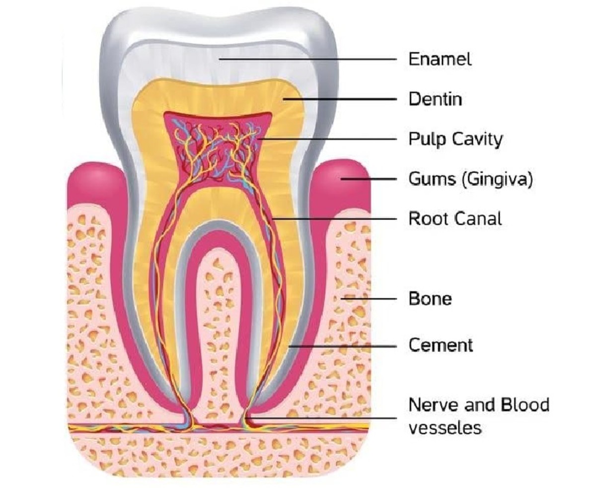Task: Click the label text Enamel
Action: click(440, 59)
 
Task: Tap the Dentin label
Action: click(435, 99)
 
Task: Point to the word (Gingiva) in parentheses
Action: click(497, 179)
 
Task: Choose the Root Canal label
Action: click(455, 218)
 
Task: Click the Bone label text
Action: click(430, 299)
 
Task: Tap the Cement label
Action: click(441, 345)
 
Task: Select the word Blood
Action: click(524, 405)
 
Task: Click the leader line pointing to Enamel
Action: click(308, 59)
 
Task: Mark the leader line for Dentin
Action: click(343, 99)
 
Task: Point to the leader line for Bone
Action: click(372, 299)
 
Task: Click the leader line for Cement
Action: click(343, 346)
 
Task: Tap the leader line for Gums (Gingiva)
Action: click(370, 179)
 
